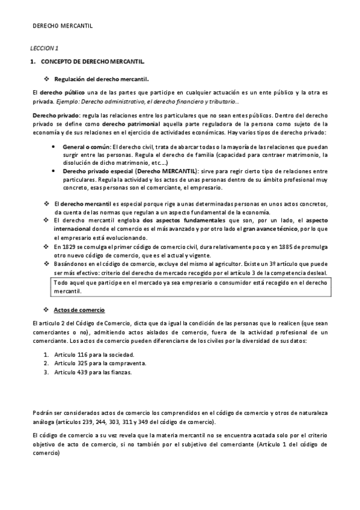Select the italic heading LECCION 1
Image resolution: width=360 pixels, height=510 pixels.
[x=44, y=48]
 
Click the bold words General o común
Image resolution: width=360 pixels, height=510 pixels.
[x=84, y=147]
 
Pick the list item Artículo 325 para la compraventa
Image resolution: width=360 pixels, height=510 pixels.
[x=99, y=363]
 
